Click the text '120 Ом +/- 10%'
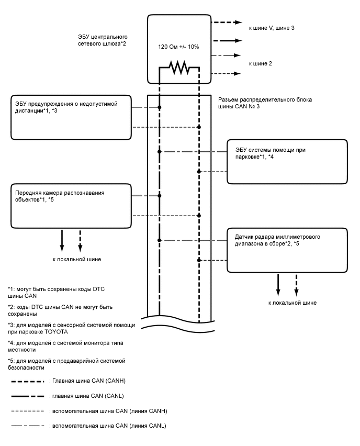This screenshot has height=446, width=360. click(178, 47)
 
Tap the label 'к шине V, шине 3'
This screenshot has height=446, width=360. click(272, 27)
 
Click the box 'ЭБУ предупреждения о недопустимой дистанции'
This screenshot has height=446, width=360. click(70, 117)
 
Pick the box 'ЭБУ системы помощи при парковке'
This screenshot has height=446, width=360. click(287, 161)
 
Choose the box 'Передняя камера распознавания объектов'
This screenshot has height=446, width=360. click(70, 205)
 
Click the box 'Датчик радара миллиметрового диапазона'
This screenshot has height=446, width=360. click(287, 250)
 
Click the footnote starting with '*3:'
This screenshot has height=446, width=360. click(71, 328)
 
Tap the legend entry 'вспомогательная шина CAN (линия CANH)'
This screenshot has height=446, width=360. click(107, 411)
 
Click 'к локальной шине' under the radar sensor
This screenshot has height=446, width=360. click(292, 303)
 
